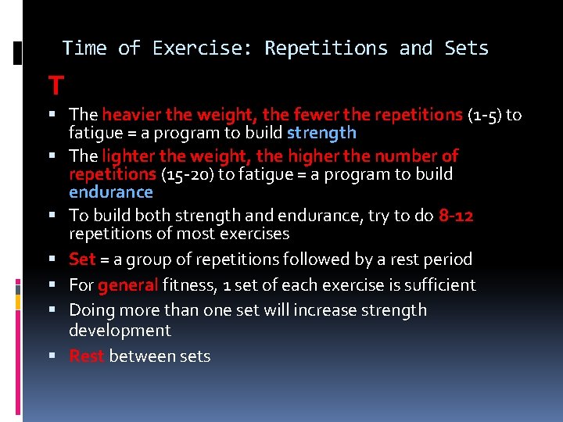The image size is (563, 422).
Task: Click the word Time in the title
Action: click(84, 48)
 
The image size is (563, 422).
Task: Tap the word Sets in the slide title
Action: click(466, 48)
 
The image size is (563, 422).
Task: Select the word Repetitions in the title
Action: click(325, 48)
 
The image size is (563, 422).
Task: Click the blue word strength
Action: click(321, 133)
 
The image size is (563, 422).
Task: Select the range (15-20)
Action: click(187, 173)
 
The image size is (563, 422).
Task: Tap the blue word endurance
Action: click(111, 191)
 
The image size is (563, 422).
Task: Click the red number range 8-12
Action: click(456, 216)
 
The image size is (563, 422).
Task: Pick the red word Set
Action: click(82, 259)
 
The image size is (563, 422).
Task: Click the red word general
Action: click(128, 284)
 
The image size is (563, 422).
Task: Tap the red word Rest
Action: click(87, 356)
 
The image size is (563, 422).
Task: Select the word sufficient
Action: click(436, 284)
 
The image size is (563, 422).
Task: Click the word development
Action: click(120, 330)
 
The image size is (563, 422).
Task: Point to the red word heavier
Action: click(130, 116)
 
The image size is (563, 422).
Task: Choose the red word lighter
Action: click(127, 156)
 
